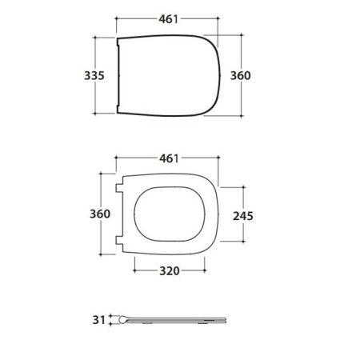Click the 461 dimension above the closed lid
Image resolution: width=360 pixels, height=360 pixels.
168,19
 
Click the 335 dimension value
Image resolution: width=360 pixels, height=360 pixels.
94,76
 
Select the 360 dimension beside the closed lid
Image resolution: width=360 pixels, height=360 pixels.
240,76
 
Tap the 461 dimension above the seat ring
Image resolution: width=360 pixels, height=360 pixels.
169,158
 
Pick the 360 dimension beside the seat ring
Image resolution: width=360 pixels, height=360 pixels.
100,214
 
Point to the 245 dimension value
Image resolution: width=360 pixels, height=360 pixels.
243,216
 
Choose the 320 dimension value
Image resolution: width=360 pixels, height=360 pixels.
170,271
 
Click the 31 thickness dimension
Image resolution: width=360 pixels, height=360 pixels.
99,320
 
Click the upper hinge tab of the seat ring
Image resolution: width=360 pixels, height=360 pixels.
119,188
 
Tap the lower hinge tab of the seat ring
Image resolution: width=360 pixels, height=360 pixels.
119,240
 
